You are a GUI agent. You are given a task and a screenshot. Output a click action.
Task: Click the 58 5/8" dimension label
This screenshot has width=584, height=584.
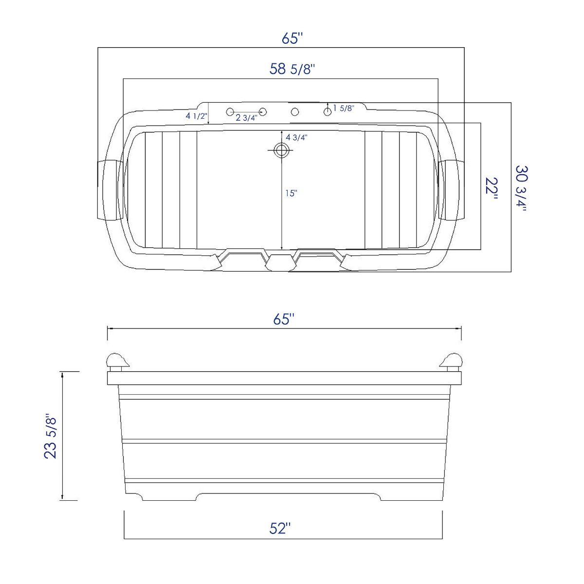point(292,69)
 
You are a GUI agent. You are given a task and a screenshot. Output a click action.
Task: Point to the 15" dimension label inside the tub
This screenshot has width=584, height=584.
point(291,193)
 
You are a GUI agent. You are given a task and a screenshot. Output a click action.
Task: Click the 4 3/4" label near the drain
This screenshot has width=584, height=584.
point(296,137)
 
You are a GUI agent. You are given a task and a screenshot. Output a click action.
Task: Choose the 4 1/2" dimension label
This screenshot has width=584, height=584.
point(196,116)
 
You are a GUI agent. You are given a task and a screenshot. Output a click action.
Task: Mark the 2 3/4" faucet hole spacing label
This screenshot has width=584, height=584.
point(246,118)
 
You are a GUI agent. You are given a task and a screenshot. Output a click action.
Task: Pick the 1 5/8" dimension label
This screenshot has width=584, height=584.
point(344,109)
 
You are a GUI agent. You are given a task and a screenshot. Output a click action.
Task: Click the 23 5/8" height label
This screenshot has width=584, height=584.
point(51,437)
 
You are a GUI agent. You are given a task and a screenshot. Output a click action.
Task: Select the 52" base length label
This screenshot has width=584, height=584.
point(280,528)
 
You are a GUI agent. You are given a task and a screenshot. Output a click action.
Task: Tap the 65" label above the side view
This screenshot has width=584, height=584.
point(284,319)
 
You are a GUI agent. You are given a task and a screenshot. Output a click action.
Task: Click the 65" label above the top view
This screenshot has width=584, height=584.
point(292,38)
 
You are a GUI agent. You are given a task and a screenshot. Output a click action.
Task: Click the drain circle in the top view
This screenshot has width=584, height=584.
point(281,150)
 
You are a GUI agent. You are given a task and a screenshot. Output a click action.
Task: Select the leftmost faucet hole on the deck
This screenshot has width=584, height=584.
point(230,112)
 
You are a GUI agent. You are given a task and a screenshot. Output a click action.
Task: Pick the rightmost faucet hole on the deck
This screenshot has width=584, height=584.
point(328,112)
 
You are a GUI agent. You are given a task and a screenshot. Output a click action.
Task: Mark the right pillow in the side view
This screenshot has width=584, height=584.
point(452,361)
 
